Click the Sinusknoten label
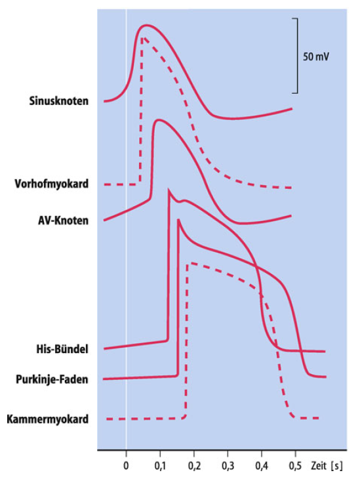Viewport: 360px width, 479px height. click(x=59, y=101)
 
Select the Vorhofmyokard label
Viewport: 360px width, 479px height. click(x=52, y=184)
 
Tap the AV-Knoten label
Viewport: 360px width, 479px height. click(x=63, y=220)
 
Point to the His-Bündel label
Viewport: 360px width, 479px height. click(x=62, y=349)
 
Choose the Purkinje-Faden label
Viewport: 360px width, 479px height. click(x=52, y=379)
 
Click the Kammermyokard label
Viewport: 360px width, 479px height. click(x=48, y=419)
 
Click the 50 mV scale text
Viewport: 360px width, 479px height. click(x=316, y=57)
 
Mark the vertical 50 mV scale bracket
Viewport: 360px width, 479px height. click(x=297, y=56)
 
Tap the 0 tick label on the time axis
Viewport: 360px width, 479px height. click(x=126, y=466)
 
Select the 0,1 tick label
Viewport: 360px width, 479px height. click(x=160, y=466)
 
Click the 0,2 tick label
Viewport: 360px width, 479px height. click(x=194, y=466)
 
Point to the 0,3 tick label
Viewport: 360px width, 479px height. click(x=228, y=466)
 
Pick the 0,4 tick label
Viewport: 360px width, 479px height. click(x=262, y=466)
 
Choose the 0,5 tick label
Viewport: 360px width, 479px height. click(x=295, y=466)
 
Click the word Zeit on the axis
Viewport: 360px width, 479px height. click(x=319, y=466)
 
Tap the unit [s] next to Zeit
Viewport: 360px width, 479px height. click(x=336, y=466)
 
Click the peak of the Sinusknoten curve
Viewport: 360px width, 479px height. click(x=146, y=26)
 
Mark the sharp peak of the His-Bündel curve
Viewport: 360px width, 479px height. click(x=169, y=190)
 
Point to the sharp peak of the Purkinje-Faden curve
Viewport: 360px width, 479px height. click(x=178, y=220)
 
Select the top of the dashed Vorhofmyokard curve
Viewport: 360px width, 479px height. click(x=142, y=37)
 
